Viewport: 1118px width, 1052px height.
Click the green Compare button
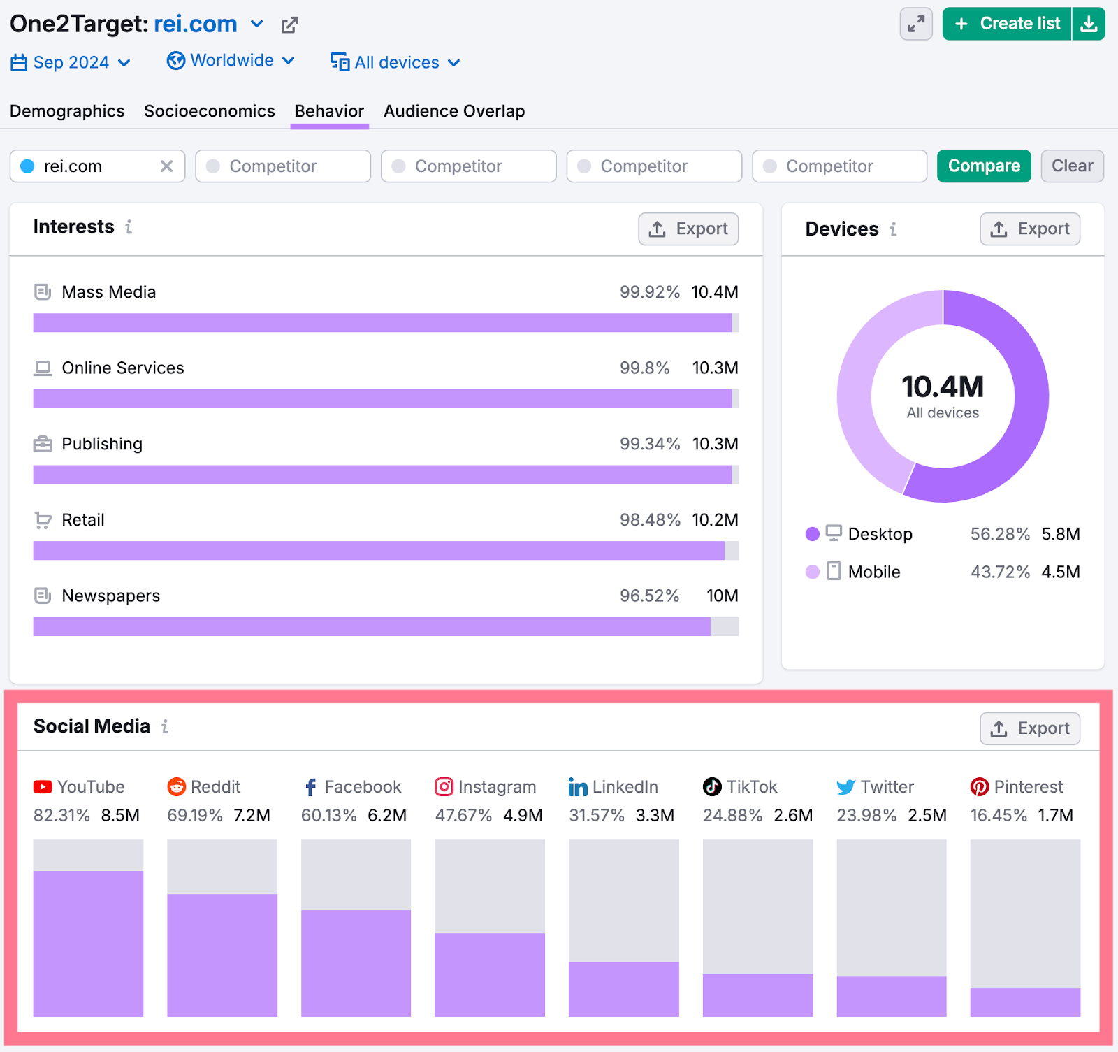click(983, 166)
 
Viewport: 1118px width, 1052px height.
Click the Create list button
click(1007, 24)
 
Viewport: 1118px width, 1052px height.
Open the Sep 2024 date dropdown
click(71, 62)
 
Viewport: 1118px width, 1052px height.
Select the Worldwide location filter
click(231, 61)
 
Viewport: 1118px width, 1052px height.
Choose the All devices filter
click(395, 62)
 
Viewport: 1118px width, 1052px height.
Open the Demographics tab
click(67, 111)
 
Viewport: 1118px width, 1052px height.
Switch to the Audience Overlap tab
click(454, 111)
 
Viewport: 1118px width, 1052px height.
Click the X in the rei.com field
click(166, 166)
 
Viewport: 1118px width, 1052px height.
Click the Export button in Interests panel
click(688, 229)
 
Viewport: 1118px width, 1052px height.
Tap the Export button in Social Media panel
click(1029, 728)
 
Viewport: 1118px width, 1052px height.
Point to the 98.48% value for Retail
click(650, 520)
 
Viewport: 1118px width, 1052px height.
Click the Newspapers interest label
click(110, 596)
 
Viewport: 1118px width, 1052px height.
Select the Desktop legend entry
click(880, 534)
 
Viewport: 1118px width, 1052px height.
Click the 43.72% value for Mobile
click(1000, 572)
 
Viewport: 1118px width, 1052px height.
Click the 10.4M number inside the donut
click(943, 387)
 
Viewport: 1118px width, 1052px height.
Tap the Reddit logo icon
click(177, 787)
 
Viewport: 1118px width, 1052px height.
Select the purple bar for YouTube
click(88, 943)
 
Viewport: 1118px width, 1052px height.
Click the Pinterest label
click(1028, 787)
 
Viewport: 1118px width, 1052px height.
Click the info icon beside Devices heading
click(893, 229)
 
